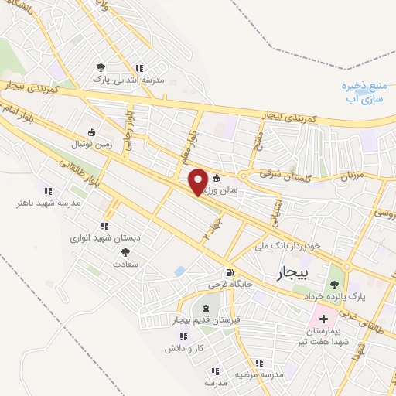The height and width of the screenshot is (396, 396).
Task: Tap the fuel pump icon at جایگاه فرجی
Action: [229, 273]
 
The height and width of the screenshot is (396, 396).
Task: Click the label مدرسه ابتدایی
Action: [138, 80]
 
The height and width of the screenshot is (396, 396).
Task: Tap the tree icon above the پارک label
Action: [102, 67]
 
